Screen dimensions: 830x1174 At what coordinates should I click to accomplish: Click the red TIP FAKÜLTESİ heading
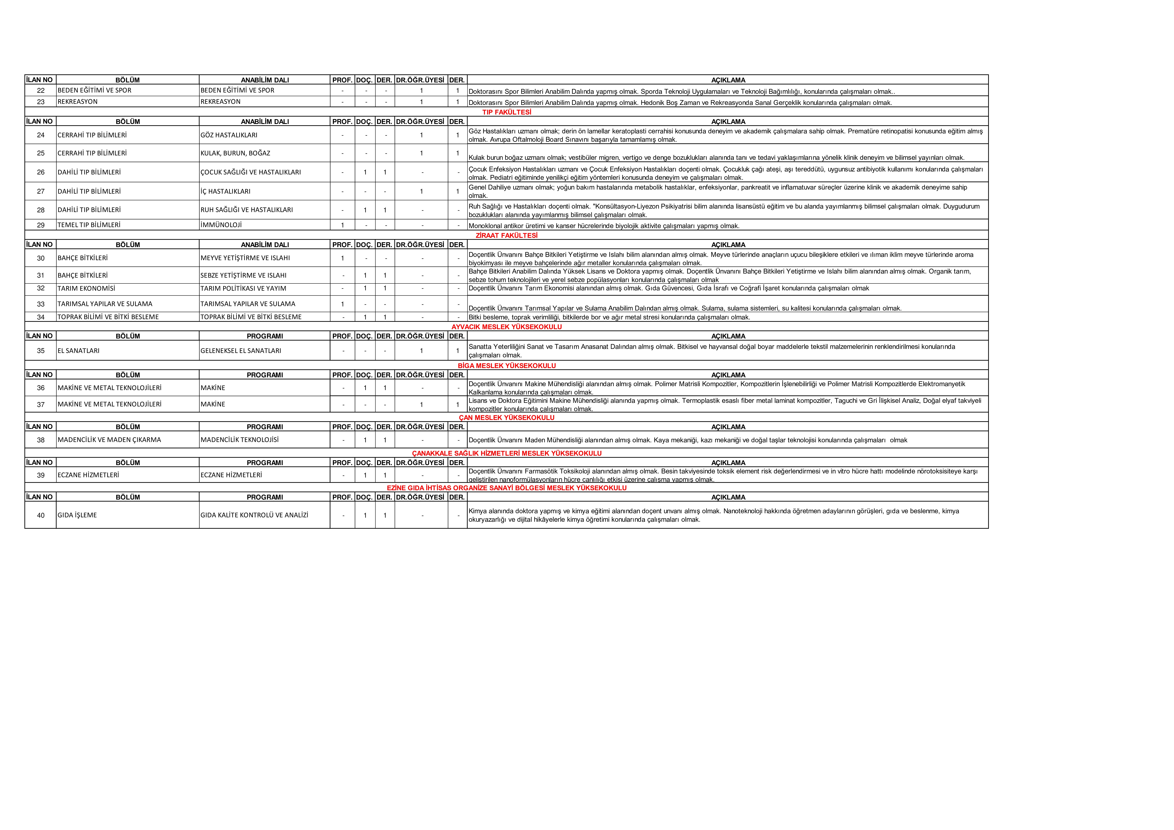pos(506,112)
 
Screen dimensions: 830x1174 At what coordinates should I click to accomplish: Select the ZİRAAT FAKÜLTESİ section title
pos(506,235)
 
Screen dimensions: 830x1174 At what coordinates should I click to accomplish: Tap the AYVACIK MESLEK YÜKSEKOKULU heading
pos(506,327)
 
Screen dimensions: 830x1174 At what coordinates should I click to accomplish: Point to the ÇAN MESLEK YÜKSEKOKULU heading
pos(506,417)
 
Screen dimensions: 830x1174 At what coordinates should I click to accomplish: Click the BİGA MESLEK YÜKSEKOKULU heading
pos(506,366)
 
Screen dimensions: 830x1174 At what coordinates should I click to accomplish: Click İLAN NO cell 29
pos(41,225)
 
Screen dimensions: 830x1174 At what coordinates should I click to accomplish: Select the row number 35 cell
pos(41,351)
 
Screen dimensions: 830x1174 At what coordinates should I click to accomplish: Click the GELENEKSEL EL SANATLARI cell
pos(241,351)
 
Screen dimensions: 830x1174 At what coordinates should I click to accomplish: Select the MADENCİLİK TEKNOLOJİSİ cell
pos(240,440)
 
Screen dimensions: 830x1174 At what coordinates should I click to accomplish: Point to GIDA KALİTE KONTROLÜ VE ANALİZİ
pos(254,515)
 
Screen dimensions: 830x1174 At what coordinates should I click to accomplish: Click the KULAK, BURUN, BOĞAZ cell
pos(235,153)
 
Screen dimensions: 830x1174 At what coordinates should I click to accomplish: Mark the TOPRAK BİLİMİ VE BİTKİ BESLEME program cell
pos(251,317)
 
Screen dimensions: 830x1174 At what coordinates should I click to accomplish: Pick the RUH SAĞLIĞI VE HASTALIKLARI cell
pos(246,210)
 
